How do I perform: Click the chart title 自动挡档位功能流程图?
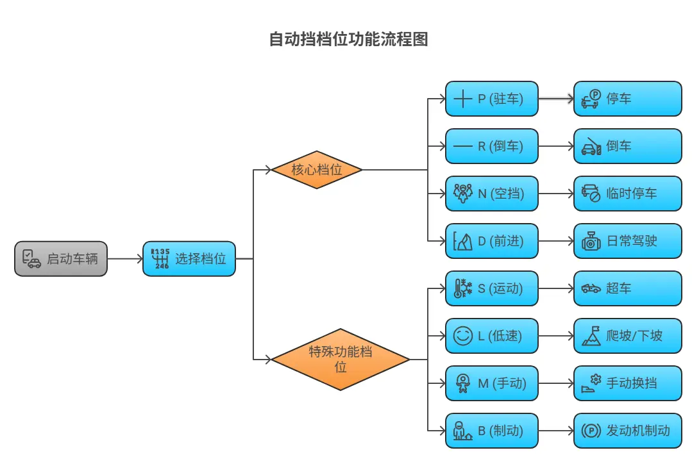coord(348,40)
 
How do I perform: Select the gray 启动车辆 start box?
coord(61,259)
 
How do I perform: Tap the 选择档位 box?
coord(189,259)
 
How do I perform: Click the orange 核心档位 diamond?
coord(317,170)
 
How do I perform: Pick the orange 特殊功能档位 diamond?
coord(341,360)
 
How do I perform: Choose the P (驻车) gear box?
coord(491,99)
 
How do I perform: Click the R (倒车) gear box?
coord(491,146)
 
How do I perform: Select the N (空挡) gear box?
coord(491,194)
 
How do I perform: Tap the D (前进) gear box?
coord(491,241)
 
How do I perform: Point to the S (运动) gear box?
coord(491,288)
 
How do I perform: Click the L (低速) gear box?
coord(491,336)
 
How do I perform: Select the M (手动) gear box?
coord(491,383)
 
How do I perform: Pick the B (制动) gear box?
coord(491,431)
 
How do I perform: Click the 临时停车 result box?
coord(627,194)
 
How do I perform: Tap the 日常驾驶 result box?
coord(627,241)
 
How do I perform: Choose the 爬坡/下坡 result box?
coord(627,336)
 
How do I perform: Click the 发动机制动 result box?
coord(627,431)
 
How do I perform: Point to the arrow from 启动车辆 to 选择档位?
coord(125,259)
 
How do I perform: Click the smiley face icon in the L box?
coord(462,336)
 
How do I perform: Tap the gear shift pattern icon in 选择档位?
coord(160,258)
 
